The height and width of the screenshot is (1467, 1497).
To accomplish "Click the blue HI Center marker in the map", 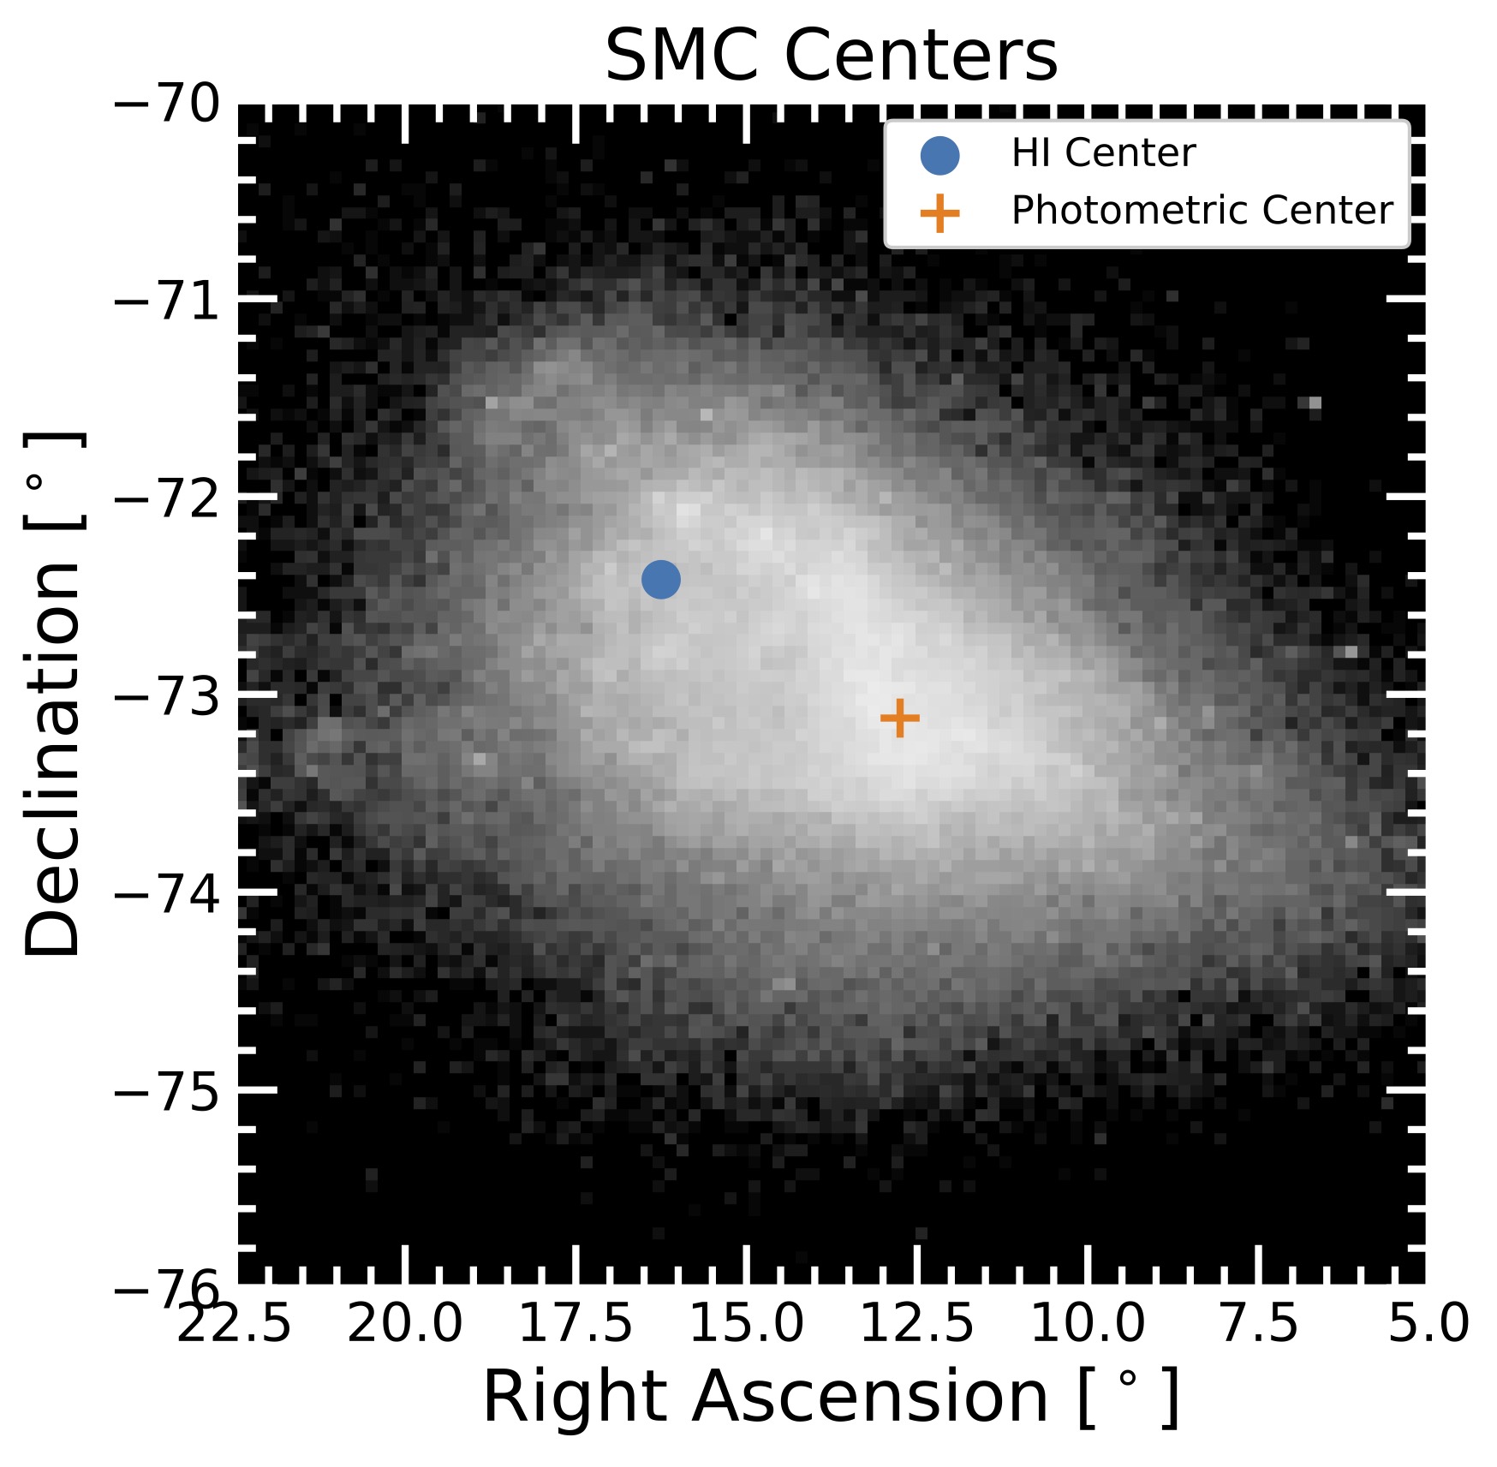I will pos(660,580).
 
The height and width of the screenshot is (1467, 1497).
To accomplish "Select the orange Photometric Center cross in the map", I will pos(899,718).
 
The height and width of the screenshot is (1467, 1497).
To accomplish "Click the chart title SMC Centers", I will pos(831,57).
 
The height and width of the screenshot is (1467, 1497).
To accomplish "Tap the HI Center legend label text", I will pos(1102,153).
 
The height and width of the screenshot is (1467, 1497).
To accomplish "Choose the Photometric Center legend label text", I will pos(1202,211).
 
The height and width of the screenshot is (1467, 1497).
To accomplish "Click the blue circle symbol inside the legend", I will pos(939,155).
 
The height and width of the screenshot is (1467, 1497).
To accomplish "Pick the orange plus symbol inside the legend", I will pos(939,212).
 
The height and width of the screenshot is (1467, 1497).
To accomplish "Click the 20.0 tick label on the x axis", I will pos(404,1324).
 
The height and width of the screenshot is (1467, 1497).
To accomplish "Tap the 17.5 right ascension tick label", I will pos(576,1324).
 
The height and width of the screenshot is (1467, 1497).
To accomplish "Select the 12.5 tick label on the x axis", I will pos(916,1324).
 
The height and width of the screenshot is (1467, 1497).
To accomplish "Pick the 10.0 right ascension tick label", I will pos(1087,1324).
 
